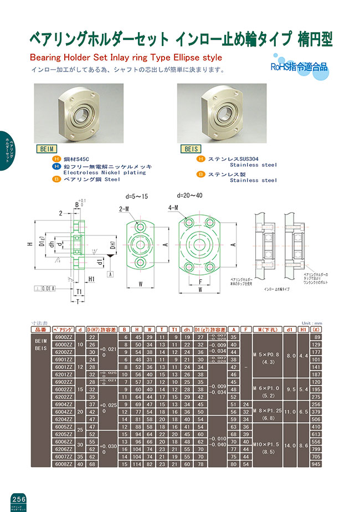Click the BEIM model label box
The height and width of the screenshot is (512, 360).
46,149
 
